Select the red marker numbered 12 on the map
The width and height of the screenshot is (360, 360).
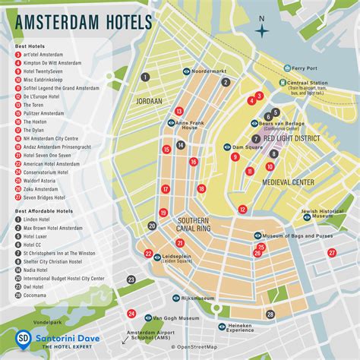coord(242,209)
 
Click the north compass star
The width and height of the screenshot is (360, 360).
coord(263,31)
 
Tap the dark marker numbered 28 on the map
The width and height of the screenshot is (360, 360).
coord(270,314)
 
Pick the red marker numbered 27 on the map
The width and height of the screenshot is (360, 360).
coord(260,253)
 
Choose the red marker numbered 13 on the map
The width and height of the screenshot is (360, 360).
coord(178,111)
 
